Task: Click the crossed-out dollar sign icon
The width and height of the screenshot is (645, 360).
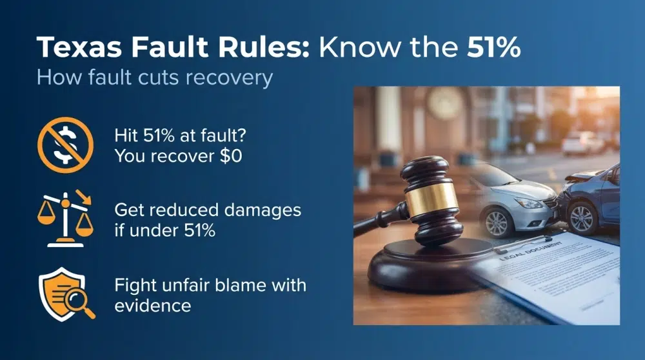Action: (x=65, y=145)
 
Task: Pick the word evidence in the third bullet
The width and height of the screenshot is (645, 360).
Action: (x=153, y=305)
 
